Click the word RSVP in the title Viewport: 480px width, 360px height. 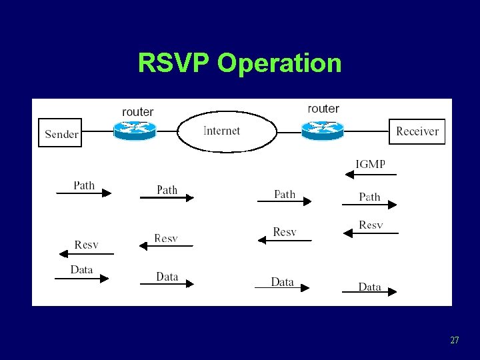(175, 63)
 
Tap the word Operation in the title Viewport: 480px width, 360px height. (279, 64)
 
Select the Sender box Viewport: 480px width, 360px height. (61, 133)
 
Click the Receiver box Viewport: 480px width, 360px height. (417, 131)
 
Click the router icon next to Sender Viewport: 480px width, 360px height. (134, 131)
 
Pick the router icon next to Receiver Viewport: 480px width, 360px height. (322, 129)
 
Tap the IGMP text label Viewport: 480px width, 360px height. (370, 164)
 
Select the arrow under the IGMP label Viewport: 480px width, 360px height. (370, 175)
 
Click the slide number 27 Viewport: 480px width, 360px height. (454, 341)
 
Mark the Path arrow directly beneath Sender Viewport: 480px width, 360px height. (83, 193)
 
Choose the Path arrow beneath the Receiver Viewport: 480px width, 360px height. (369, 205)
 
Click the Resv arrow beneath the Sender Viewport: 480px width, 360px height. (86, 253)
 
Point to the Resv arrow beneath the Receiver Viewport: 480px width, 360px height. (370, 233)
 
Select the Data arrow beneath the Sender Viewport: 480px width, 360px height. (81, 279)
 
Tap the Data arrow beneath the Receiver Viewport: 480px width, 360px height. (369, 291)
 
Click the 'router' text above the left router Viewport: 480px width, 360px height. (138, 112)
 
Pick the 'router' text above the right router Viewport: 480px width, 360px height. (323, 109)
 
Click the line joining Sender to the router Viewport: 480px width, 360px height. (97, 131)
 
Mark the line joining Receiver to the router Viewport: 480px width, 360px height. (366, 131)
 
